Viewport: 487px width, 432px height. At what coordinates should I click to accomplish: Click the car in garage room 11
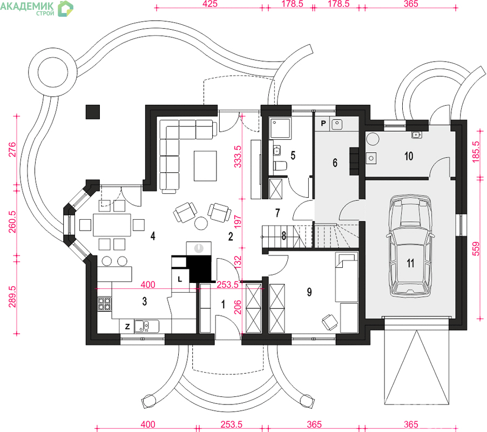pos(410,245)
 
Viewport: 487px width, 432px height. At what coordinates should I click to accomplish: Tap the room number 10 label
pos(409,156)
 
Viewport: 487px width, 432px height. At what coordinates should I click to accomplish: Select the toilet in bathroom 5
pos(280,166)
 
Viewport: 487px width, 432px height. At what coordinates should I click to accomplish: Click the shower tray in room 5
pos(280,128)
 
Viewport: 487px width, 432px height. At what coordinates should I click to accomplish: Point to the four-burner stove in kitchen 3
pos(104,304)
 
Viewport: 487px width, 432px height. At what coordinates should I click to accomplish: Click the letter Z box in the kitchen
pos(127,326)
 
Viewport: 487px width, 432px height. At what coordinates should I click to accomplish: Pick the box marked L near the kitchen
pos(179,279)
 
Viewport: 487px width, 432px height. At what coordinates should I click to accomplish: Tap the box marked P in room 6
pos(323,124)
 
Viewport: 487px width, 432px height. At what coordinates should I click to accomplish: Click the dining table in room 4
pos(112,225)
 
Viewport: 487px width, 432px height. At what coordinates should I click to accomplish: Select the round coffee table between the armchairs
pos(201,222)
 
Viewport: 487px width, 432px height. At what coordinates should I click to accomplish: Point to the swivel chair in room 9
pos(329,322)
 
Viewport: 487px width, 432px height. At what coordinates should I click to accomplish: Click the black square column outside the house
pos(92,112)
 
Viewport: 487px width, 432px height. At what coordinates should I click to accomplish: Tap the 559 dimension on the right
pos(476,249)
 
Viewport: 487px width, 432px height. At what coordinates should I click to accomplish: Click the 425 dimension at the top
pos(210,4)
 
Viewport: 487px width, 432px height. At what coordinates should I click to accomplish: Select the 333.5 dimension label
pos(238,157)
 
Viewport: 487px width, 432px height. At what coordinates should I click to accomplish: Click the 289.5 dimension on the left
pos(12,296)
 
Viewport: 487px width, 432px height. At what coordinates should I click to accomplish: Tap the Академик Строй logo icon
pos(65,9)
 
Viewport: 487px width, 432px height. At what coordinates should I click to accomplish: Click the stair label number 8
pos(284,236)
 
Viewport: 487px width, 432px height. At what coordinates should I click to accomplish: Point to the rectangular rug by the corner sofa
pos(205,166)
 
